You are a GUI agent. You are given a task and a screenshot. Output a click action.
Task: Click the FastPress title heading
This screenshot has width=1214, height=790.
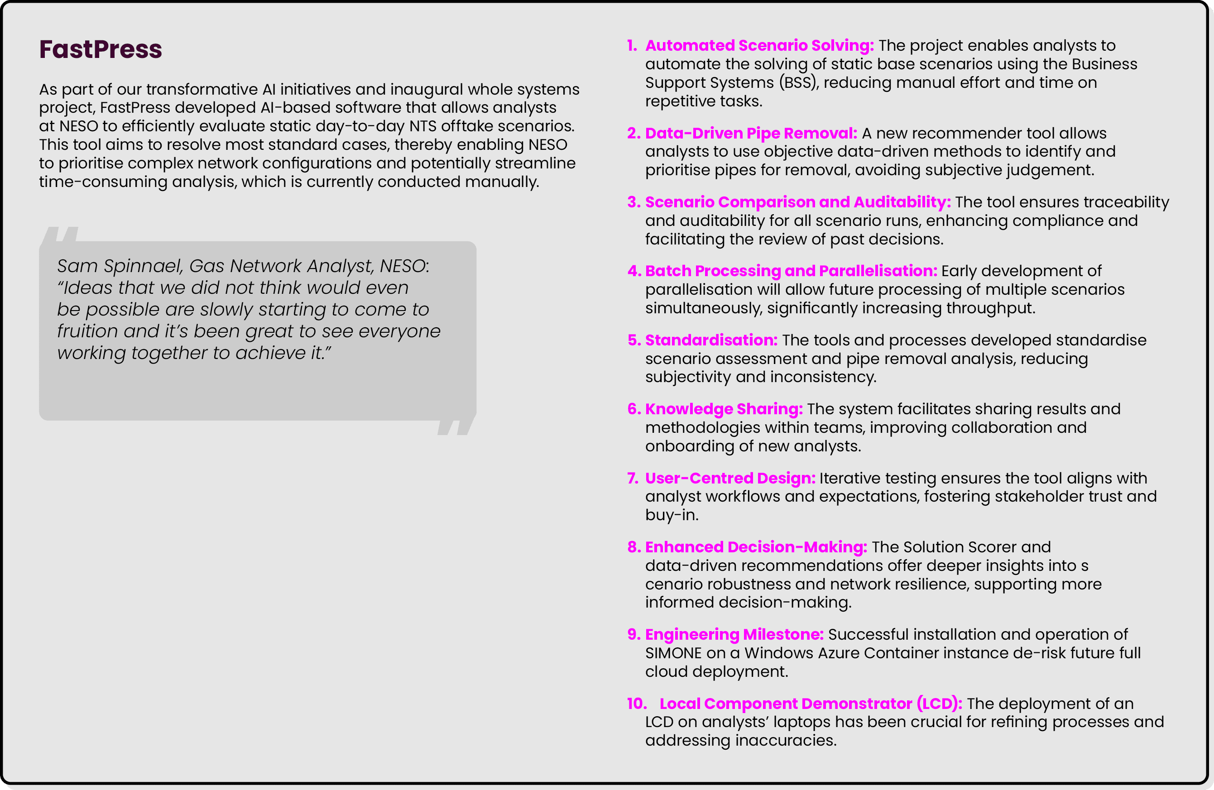coord(101,49)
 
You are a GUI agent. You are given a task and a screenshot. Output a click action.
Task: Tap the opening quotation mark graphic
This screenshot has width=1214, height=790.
coord(60,234)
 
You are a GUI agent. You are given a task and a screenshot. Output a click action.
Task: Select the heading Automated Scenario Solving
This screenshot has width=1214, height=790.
coord(759,45)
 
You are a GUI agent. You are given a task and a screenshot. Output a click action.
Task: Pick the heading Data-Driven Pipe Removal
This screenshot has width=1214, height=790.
coord(751,133)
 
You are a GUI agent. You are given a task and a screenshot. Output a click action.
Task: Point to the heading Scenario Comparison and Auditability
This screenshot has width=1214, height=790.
coord(798,202)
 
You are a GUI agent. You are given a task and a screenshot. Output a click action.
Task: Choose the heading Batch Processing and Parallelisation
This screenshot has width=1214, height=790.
coord(791,271)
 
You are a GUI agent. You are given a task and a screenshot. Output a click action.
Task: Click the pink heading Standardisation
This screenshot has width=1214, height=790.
coord(711,340)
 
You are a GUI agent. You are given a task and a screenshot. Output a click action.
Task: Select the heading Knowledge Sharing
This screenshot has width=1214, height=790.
coord(724,409)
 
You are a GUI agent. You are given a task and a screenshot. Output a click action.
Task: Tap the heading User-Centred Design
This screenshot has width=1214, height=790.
coord(730,479)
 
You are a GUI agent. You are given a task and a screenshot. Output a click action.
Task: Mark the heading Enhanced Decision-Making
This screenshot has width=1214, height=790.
coord(756,547)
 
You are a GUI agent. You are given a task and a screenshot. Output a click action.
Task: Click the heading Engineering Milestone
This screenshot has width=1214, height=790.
coord(734,634)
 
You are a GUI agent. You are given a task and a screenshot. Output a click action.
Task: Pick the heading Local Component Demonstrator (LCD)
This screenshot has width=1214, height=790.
coord(811,704)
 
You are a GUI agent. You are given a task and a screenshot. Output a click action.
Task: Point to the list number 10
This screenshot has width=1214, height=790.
coord(637,704)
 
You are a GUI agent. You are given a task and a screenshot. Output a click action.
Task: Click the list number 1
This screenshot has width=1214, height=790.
coord(632,45)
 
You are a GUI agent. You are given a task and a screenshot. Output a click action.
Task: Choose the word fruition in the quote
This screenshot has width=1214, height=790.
coord(87,331)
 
